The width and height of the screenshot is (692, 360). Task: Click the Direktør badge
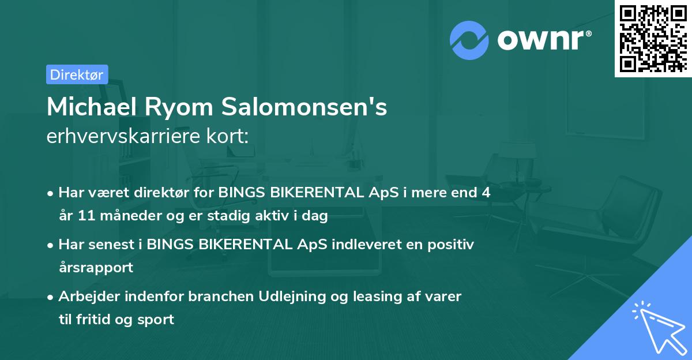(x=77, y=74)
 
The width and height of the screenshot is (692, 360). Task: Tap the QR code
(x=653, y=38)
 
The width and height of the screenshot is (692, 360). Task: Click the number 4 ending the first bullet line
(x=487, y=193)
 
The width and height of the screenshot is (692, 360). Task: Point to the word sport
(x=154, y=319)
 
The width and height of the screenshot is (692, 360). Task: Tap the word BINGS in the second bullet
(x=170, y=245)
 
